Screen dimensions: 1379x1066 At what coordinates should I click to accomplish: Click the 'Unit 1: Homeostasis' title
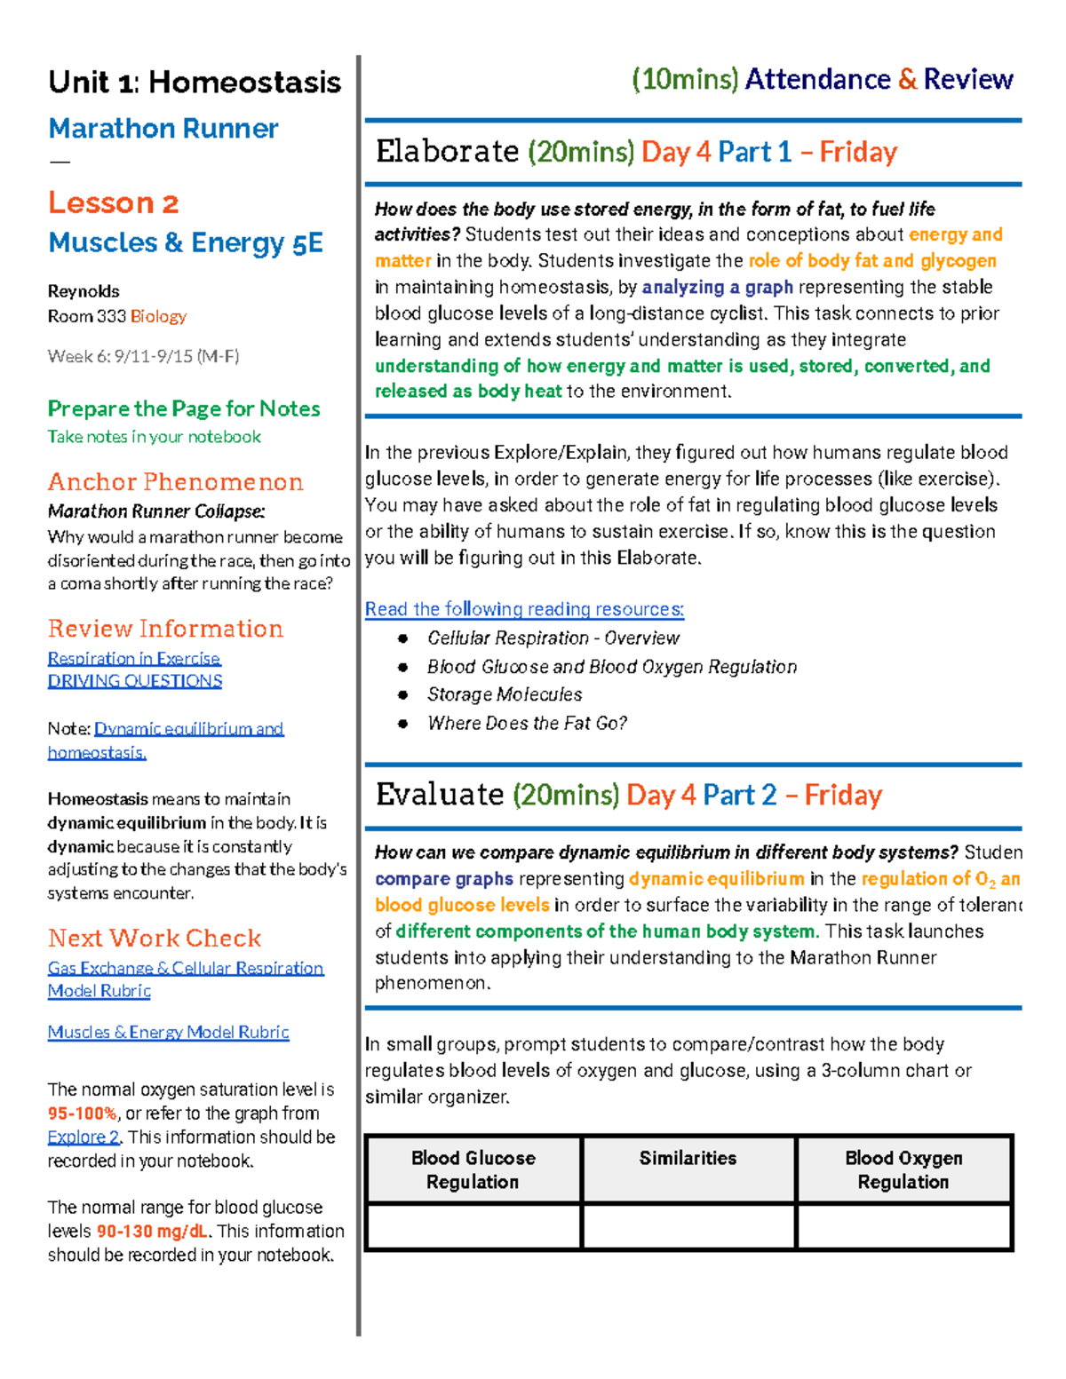point(194,83)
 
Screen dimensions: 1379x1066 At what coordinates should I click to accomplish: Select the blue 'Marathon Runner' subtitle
point(163,129)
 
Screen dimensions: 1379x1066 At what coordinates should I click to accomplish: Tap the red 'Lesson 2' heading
point(113,203)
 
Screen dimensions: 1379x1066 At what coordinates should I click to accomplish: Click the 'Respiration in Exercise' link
point(134,658)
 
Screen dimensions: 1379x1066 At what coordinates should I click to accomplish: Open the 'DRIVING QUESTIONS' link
point(135,681)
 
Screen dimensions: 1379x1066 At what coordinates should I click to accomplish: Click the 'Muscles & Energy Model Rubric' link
point(168,1032)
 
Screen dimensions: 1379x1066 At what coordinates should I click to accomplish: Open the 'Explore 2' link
point(84,1137)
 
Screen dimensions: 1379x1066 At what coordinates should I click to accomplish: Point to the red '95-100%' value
point(82,1114)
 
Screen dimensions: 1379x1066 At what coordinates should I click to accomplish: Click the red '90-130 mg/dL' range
point(152,1232)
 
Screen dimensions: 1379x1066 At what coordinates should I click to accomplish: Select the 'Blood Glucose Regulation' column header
point(473,1169)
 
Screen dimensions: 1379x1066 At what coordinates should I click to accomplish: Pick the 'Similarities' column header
point(688,1158)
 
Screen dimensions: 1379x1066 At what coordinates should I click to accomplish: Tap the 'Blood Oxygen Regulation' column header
point(903,1169)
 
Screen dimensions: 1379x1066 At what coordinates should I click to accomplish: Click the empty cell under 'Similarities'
point(688,1227)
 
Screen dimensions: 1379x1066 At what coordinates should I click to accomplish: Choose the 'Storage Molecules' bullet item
point(505,694)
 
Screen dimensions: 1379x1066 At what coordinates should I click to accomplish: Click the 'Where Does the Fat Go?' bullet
point(527,723)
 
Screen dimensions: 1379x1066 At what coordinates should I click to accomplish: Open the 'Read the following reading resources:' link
point(524,609)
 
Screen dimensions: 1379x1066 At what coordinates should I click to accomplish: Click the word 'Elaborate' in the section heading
point(447,152)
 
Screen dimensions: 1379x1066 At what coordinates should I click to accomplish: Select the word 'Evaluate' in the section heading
point(440,795)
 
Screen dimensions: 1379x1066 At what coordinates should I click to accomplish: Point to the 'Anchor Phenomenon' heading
point(175,482)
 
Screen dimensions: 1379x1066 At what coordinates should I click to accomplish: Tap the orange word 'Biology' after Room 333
point(158,316)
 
